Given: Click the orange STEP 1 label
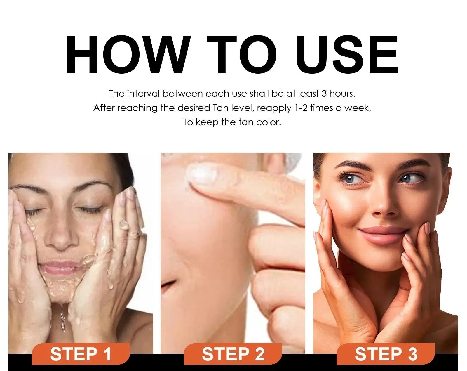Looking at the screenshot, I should point(81,354).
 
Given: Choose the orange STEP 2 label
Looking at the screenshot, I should point(233,354).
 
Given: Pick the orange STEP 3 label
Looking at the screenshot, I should point(386,354).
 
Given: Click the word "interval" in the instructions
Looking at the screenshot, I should point(143,93).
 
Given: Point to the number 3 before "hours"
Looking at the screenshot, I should point(324,94).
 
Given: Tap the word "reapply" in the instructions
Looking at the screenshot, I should point(274,108).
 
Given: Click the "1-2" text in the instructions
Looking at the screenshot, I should point(301,108).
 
